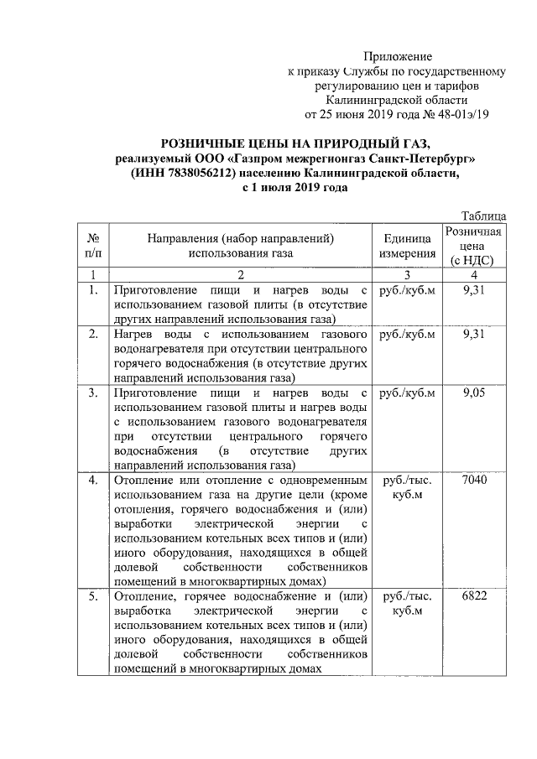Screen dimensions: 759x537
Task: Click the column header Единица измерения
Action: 407,246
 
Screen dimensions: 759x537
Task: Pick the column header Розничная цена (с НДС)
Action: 474,246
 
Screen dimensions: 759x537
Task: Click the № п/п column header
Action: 94,246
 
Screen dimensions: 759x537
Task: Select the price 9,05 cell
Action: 474,392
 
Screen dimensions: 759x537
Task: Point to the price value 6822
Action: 474,596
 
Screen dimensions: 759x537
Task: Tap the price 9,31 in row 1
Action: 474,289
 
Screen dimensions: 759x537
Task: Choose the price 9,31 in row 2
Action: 474,335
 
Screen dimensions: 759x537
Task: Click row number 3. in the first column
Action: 94,392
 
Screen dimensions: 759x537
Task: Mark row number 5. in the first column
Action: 94,596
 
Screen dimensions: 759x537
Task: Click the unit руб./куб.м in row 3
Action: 407,392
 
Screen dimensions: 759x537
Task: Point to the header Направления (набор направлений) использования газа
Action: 240,246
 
